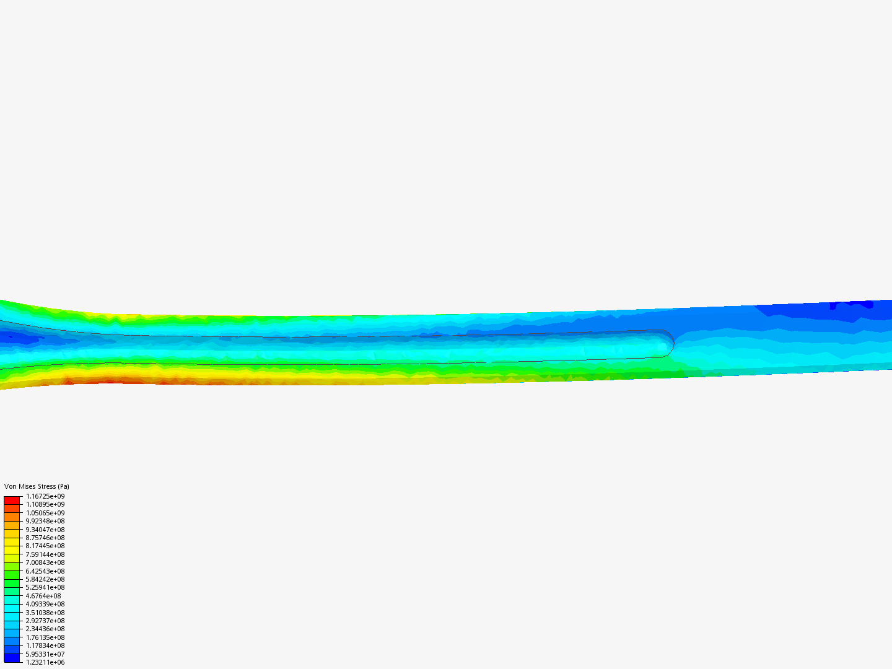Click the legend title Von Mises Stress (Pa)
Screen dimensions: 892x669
(37, 486)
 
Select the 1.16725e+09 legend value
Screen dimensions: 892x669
(45, 496)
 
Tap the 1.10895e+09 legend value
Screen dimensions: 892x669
(45, 504)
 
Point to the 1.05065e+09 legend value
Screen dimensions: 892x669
(45, 513)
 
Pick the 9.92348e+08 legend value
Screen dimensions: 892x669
(45, 521)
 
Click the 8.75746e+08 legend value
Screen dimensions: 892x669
(45, 538)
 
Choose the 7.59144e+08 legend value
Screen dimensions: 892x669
(45, 554)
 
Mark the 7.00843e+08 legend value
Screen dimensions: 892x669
(45, 562)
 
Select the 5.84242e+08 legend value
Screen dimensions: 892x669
(45, 579)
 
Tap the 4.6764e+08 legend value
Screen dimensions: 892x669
(43, 596)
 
